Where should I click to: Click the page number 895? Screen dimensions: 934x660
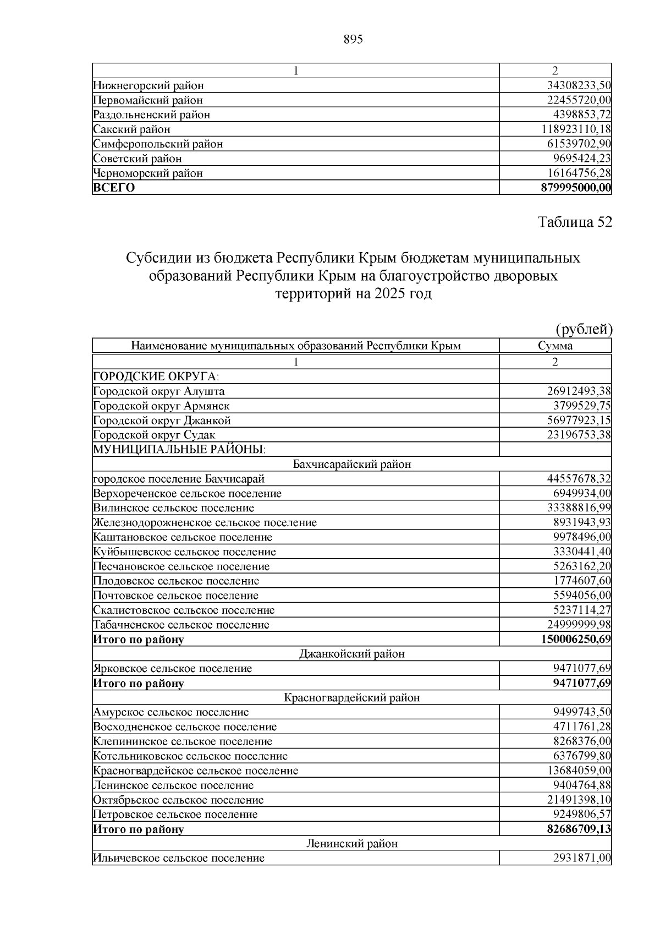click(353, 40)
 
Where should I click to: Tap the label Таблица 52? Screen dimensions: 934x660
click(574, 222)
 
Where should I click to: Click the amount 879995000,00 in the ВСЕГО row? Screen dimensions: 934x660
click(576, 188)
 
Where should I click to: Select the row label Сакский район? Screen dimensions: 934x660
click(132, 129)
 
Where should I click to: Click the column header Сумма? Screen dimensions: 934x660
click(555, 346)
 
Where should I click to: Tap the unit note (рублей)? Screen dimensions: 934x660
click(584, 329)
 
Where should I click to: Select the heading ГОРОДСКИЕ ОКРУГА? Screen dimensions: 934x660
click(156, 376)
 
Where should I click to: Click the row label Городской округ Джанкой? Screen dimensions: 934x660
click(162, 420)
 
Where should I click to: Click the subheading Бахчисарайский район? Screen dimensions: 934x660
click(352, 464)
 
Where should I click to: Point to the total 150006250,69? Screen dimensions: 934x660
click(576, 640)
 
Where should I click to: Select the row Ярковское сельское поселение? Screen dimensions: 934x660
click(173, 669)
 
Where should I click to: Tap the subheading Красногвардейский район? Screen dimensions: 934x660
click(352, 698)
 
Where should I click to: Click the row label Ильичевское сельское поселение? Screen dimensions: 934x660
click(179, 858)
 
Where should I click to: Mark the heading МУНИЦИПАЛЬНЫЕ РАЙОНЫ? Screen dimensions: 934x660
click(179, 450)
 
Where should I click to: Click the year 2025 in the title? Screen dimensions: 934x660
click(387, 293)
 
